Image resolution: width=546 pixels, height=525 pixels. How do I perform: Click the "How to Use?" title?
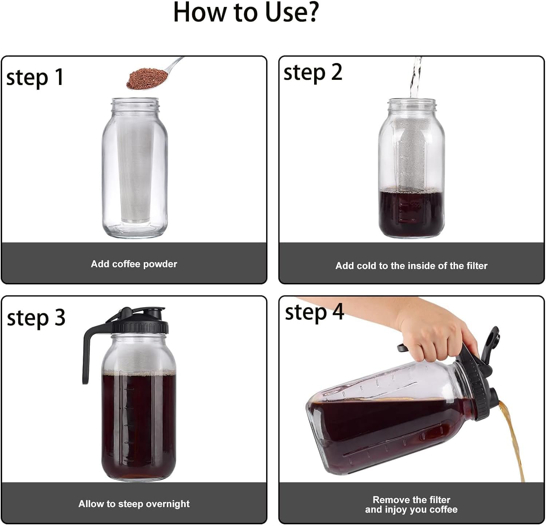click(246, 12)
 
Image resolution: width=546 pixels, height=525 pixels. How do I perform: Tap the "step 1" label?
click(35, 77)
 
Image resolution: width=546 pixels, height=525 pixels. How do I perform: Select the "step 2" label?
click(313, 72)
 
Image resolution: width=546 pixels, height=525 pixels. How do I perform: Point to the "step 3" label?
click(36, 318)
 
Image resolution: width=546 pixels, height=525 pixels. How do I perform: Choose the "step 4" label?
click(314, 312)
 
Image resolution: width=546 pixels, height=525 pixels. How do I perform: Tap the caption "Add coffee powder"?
click(134, 264)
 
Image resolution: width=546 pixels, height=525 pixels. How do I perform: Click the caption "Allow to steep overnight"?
click(134, 504)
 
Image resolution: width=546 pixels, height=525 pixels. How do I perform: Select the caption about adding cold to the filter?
click(411, 266)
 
